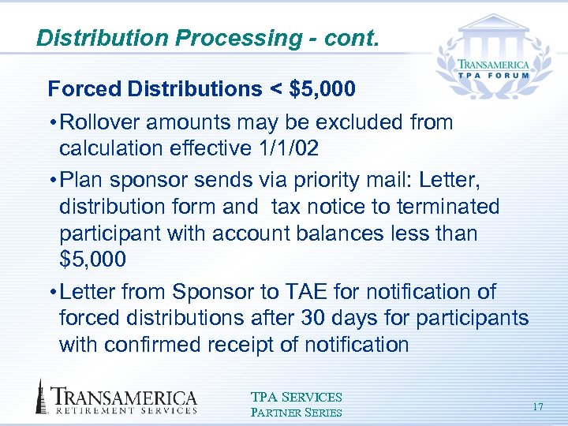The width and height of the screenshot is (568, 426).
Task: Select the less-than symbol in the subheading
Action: click(x=276, y=89)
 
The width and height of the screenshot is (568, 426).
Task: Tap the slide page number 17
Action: click(x=538, y=406)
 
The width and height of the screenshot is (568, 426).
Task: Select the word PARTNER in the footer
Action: click(x=277, y=412)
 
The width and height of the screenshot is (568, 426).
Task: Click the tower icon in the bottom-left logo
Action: click(x=40, y=397)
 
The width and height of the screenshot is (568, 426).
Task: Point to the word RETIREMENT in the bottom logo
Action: click(x=91, y=411)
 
